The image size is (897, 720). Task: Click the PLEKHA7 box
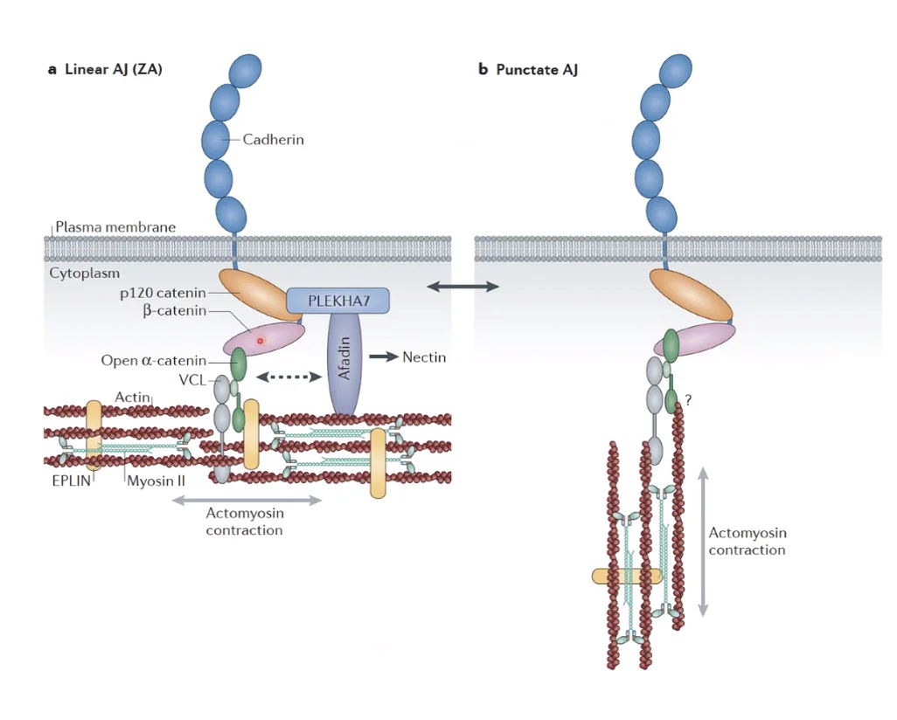tap(337, 301)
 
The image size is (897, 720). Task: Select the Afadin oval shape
tap(344, 363)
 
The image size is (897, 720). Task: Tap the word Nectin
tap(424, 357)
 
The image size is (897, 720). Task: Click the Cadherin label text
tap(273, 140)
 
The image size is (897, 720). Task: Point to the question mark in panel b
tap(688, 400)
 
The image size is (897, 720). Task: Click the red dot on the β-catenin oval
tap(261, 342)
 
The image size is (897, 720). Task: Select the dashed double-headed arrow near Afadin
tap(289, 377)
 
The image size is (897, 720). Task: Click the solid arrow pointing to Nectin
tap(383, 357)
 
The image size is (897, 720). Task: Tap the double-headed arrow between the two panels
tap(462, 287)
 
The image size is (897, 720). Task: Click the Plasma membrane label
tap(115, 227)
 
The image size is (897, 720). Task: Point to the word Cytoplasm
tap(84, 273)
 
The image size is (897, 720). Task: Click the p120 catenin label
tap(163, 293)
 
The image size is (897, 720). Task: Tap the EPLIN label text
tap(72, 481)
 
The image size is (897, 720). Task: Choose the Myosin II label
tap(156, 481)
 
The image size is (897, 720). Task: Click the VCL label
tap(192, 380)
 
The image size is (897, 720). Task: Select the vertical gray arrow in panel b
tap(704, 542)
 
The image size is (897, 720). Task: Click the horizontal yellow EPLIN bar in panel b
tap(626, 576)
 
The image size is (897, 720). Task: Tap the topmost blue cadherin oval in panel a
tap(245, 71)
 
